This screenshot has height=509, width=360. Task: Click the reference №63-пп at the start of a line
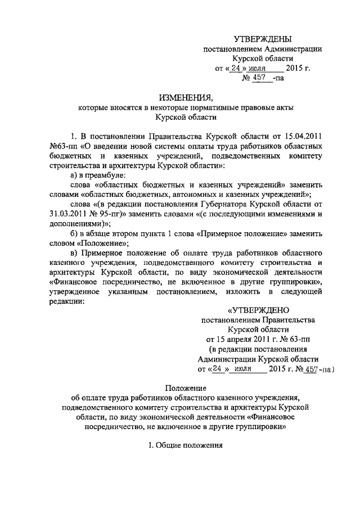click(61, 146)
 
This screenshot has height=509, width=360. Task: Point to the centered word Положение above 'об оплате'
click(186, 389)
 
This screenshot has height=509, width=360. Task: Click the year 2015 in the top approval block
click(296, 69)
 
